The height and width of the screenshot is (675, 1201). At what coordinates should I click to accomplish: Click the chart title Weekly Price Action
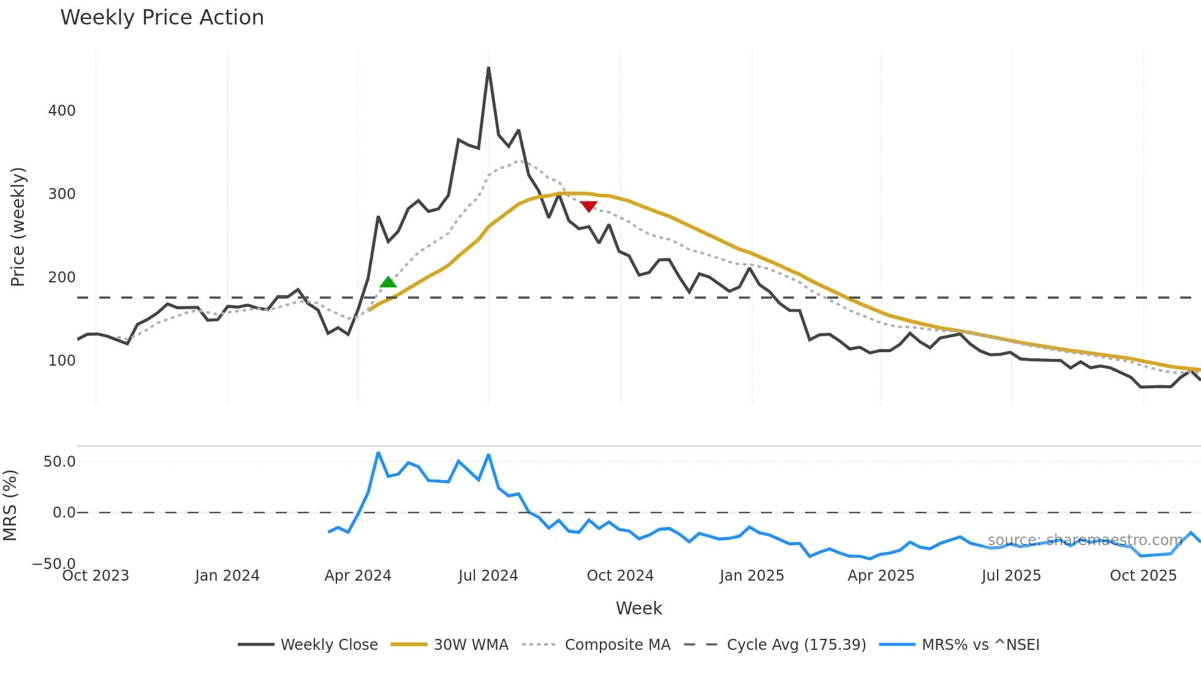click(162, 18)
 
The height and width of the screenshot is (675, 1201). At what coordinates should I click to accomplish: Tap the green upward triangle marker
click(388, 282)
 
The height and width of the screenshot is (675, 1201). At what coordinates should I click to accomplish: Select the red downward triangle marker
click(588, 206)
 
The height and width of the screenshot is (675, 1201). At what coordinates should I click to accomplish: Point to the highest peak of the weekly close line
click(488, 68)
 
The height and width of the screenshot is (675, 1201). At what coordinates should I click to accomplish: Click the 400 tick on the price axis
click(62, 111)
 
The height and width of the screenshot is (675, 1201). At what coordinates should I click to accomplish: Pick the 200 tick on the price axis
click(62, 277)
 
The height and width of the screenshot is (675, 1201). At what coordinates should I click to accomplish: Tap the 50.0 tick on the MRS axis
click(59, 462)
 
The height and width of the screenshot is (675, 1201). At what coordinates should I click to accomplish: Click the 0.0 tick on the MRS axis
click(64, 513)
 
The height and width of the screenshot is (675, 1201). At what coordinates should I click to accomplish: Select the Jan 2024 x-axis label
click(227, 576)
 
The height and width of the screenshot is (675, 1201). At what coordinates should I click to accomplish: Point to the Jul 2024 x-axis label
click(488, 576)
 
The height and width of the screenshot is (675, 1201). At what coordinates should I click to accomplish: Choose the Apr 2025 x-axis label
click(881, 576)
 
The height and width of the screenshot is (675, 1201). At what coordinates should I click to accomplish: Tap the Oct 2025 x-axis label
click(1143, 576)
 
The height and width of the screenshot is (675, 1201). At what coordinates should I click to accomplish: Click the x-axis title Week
click(638, 608)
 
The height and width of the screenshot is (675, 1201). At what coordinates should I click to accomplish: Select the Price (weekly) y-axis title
click(18, 227)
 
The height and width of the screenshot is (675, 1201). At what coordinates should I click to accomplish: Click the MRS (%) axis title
click(10, 505)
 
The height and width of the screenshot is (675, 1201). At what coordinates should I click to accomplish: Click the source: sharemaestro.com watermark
click(1085, 540)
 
